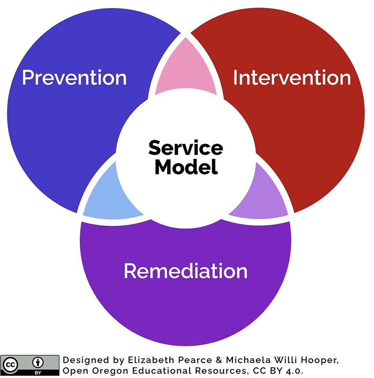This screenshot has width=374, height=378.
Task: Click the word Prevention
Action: (74, 77)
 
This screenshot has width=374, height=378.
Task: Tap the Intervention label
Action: (292, 77)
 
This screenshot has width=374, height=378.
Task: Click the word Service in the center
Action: (185, 148)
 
